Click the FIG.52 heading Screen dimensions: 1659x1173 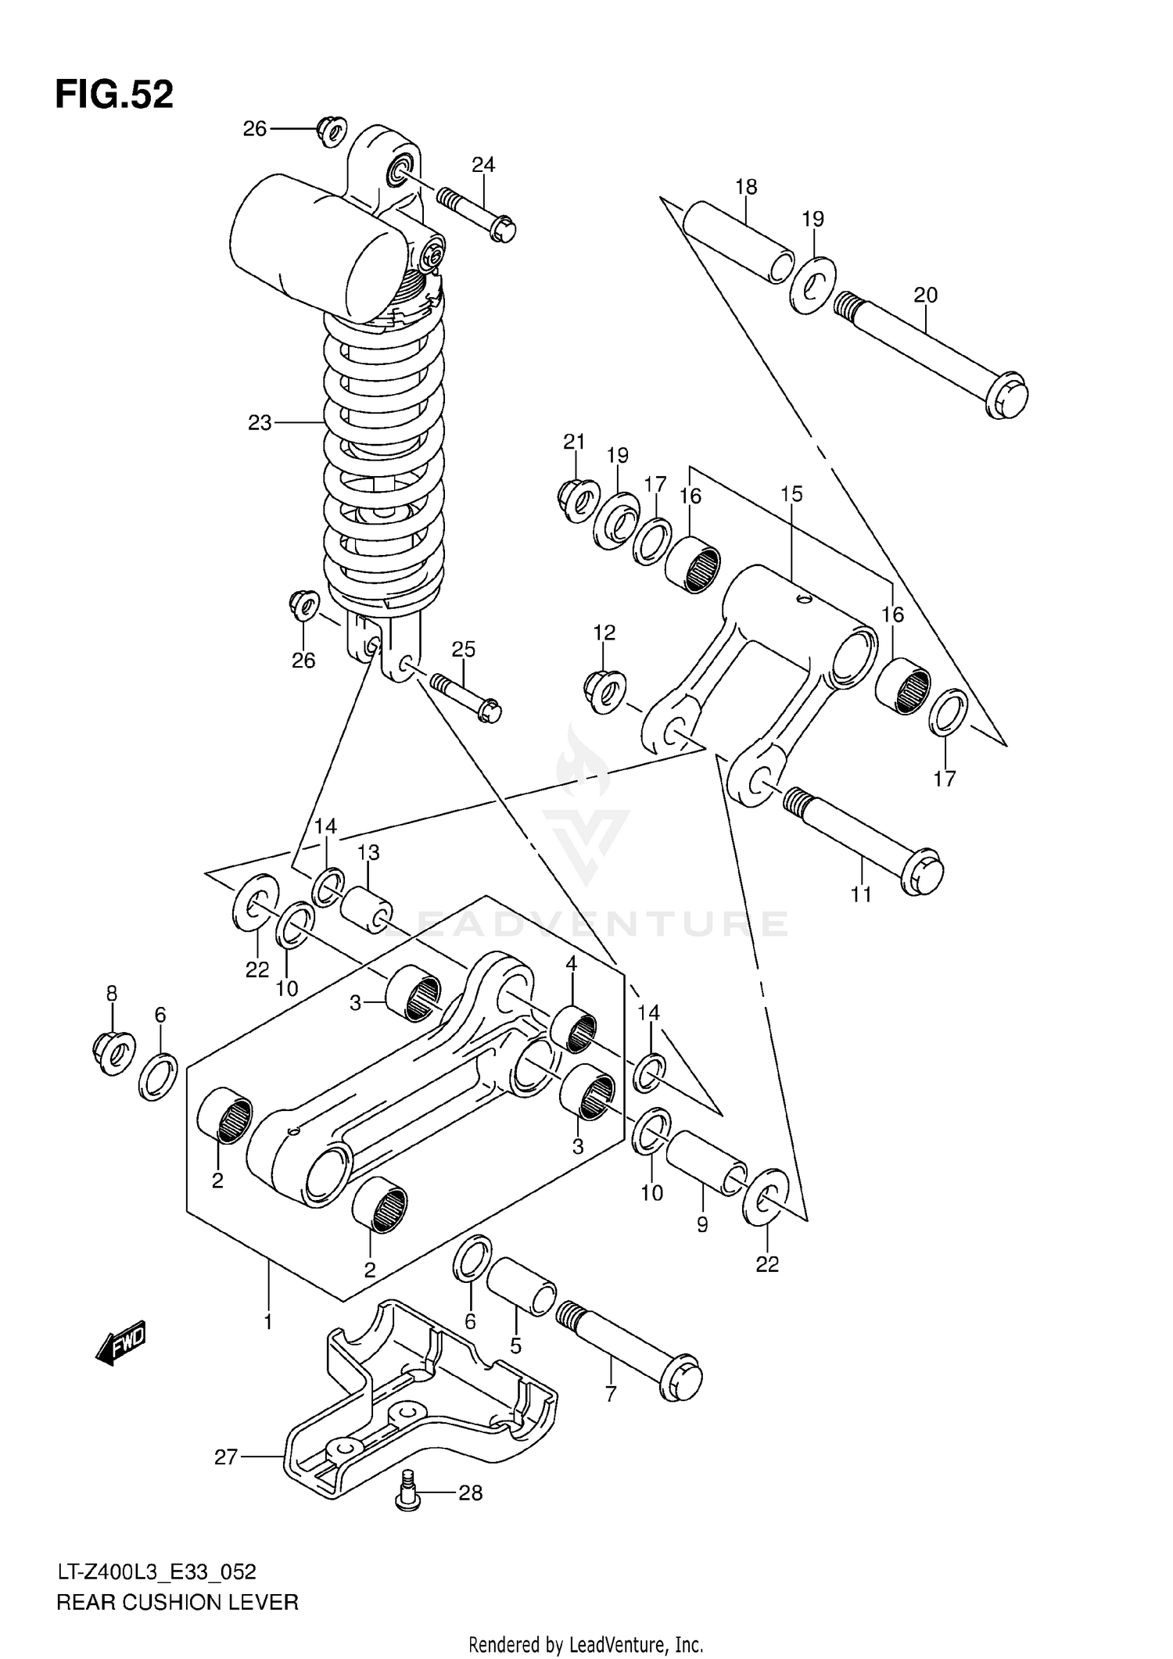tap(114, 95)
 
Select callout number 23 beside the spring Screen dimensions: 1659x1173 tap(260, 423)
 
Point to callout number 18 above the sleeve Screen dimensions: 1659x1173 tap(746, 187)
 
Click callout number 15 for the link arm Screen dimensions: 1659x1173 tap(791, 494)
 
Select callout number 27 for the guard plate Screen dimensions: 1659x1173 tap(226, 1457)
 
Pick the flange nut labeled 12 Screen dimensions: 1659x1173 tap(604, 690)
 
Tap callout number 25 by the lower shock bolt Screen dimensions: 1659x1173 tap(463, 650)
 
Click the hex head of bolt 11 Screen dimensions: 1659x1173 tap(923, 872)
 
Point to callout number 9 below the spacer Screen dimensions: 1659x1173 tap(701, 1225)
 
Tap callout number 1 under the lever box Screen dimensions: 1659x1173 tap(267, 1322)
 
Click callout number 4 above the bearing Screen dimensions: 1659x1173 tap(572, 964)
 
